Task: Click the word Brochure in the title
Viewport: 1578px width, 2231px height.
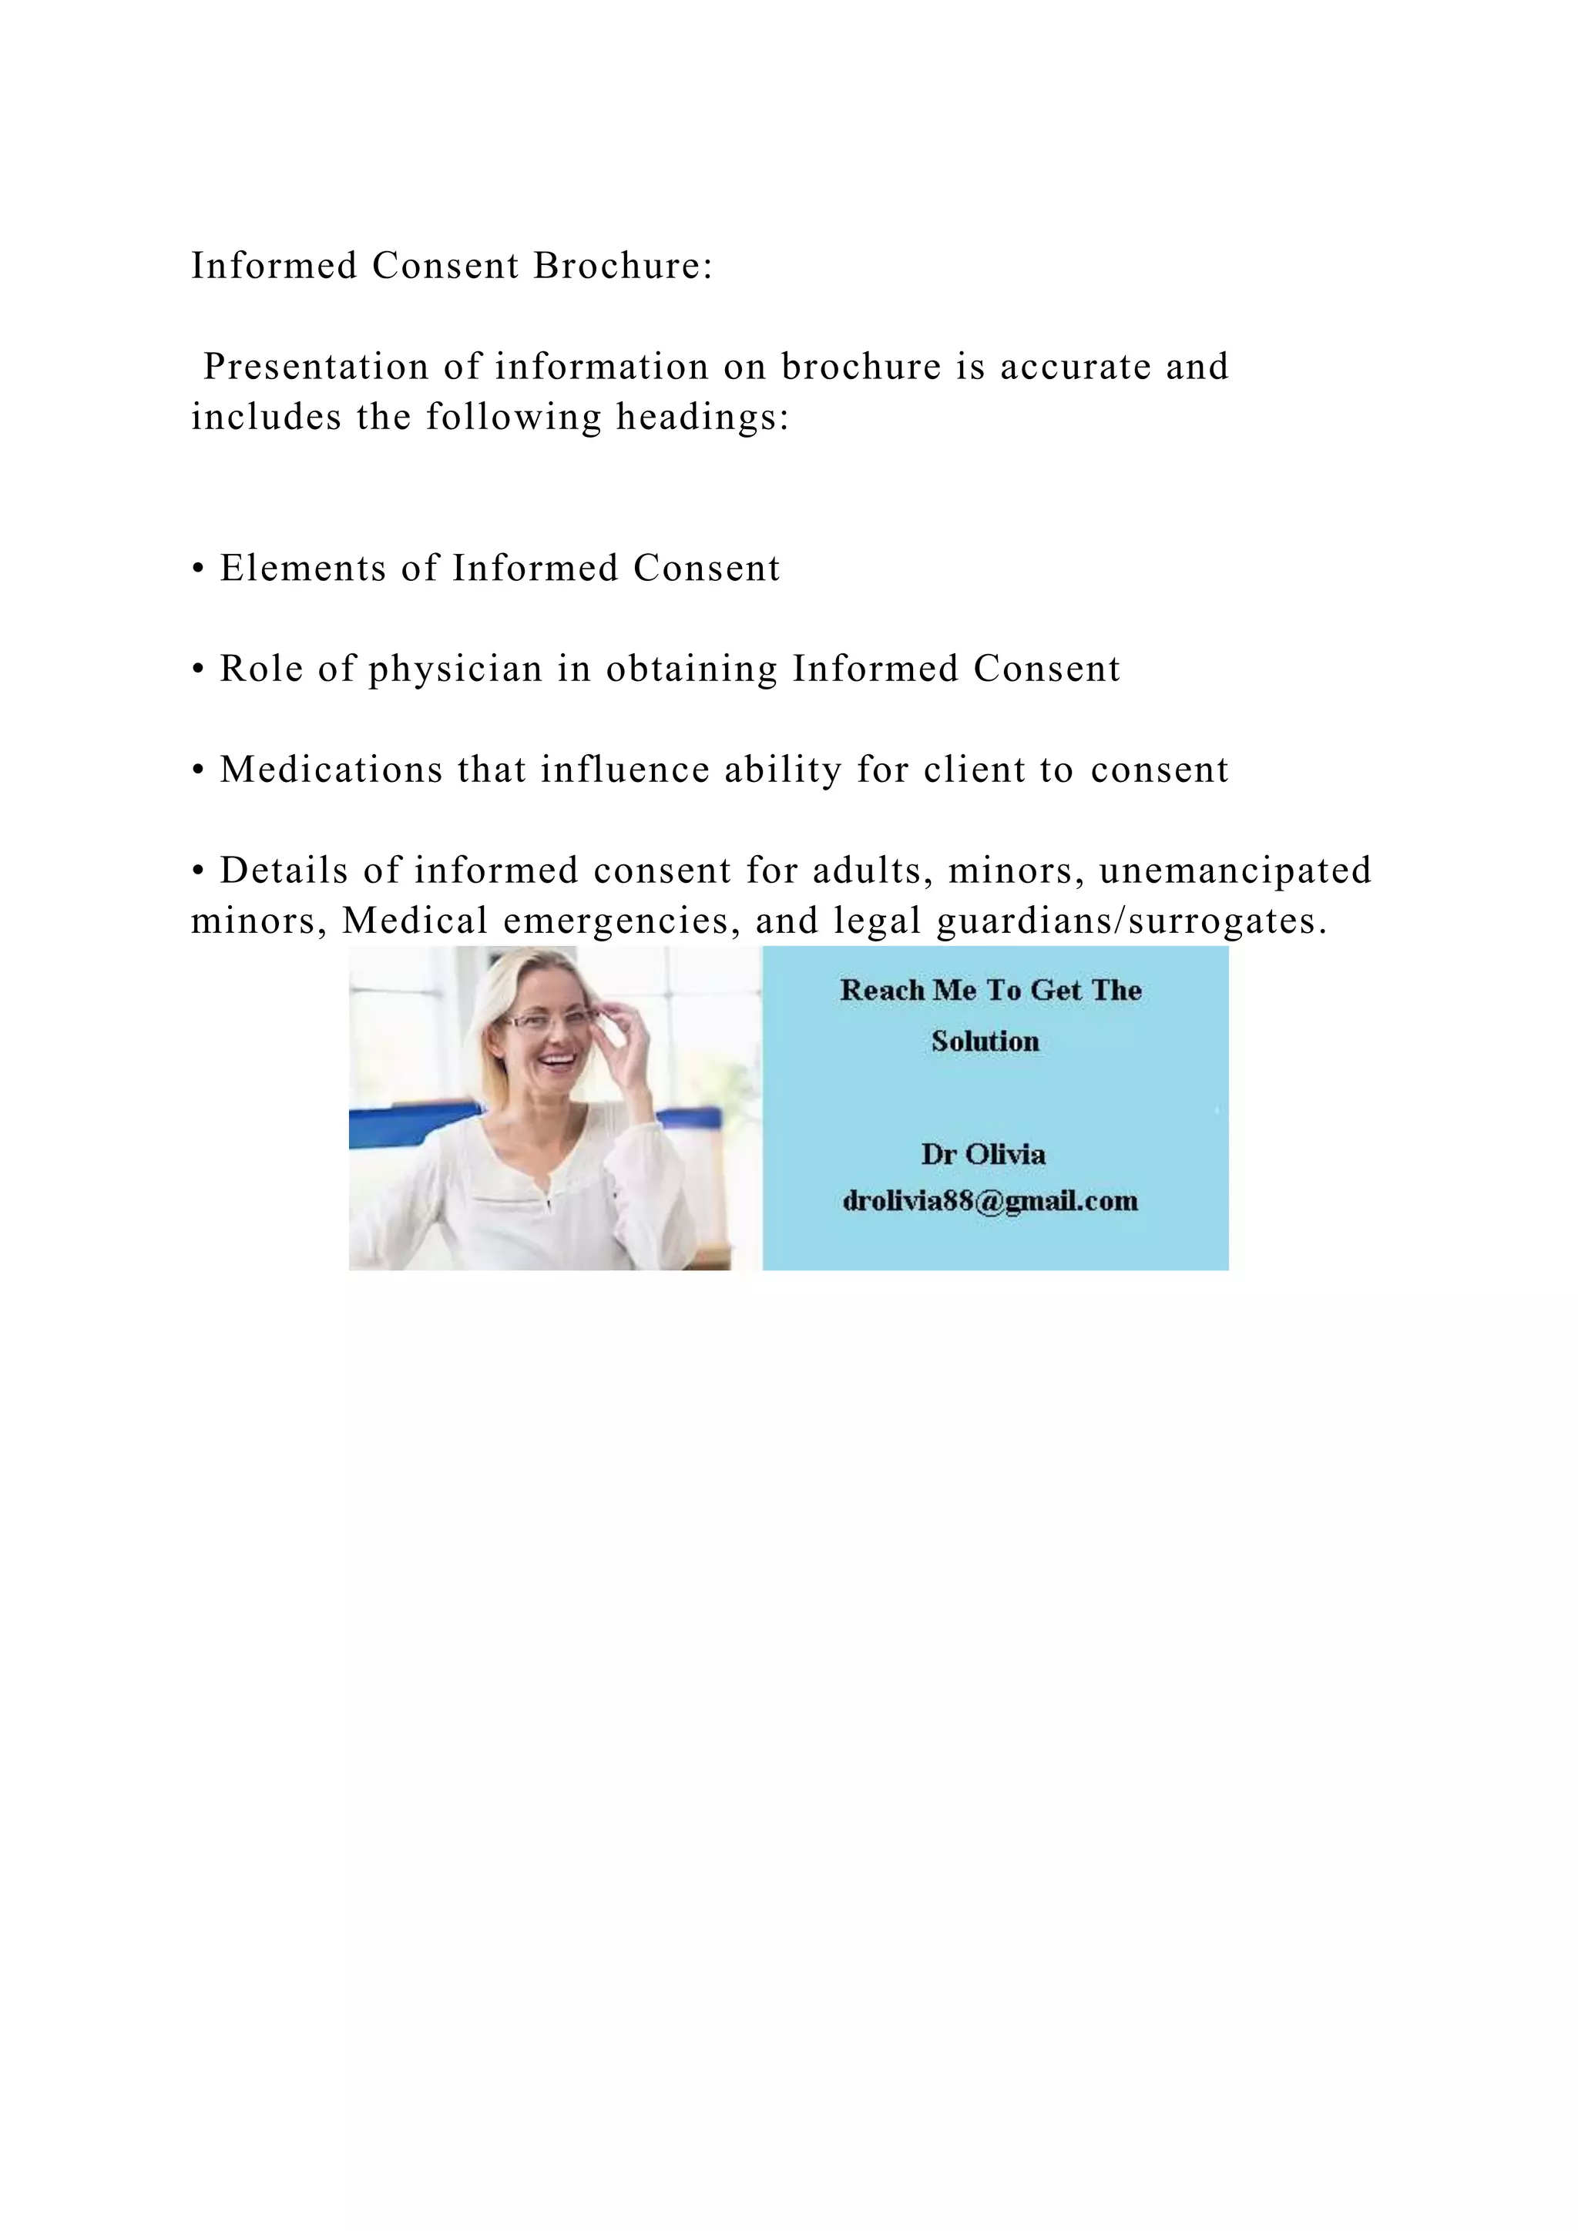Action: [x=623, y=265]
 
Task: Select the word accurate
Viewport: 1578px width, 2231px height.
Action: [x=1076, y=367]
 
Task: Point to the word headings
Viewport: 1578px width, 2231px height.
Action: [x=703, y=418]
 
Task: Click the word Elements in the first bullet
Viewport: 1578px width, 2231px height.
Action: [x=302, y=569]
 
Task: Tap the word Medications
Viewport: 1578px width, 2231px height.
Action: [x=331, y=770]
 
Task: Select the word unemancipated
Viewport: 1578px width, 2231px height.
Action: [x=1235, y=871]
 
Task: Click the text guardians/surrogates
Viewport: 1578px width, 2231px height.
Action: [x=1131, y=921]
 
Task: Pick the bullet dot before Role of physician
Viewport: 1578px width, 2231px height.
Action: [x=198, y=669]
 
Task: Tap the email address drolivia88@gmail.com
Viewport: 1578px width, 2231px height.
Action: [x=990, y=1201]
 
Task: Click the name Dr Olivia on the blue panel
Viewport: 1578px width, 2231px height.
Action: [x=983, y=1154]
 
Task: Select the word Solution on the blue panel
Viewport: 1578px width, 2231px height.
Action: [x=985, y=1042]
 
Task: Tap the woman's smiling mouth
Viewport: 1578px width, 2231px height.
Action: [x=558, y=1059]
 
